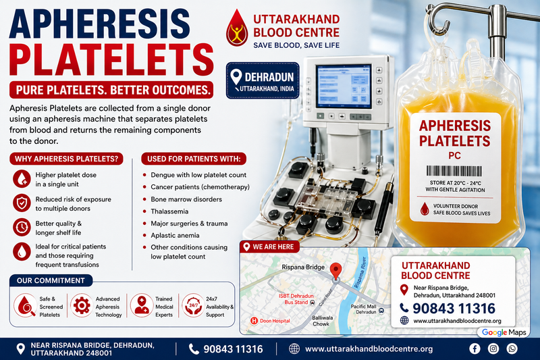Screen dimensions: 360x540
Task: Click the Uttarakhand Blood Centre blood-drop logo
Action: (237, 28)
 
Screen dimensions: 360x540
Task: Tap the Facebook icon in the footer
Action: (475, 349)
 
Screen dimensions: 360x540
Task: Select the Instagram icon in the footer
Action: (493, 349)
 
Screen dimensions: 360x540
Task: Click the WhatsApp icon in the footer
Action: (512, 349)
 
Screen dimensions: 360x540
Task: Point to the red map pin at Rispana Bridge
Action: (336, 270)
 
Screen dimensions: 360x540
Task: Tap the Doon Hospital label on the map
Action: (273, 320)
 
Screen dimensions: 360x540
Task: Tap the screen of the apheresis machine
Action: (343, 84)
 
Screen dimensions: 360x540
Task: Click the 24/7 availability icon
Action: (192, 305)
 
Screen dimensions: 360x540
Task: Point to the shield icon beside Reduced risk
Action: (22, 204)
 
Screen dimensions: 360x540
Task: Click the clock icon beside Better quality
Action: (22, 228)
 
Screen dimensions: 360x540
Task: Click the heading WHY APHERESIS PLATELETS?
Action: (66, 159)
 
